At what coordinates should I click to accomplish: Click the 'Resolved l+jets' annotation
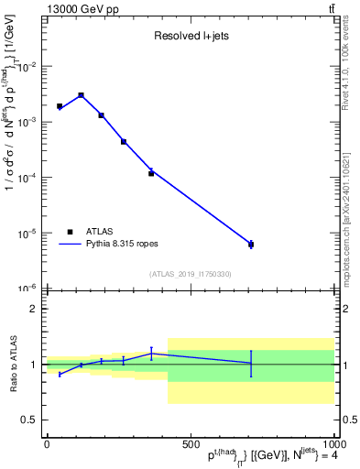coord(190,37)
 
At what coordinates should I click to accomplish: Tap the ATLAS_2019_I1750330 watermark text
coord(191,274)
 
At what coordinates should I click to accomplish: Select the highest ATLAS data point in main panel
coord(81,95)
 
